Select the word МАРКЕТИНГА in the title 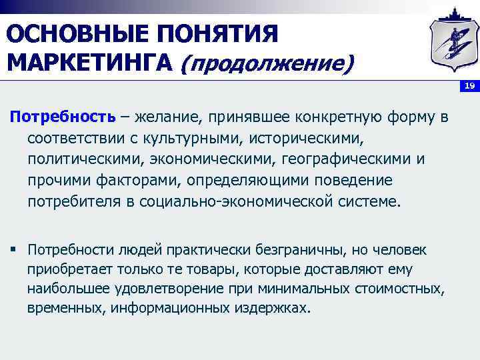[x=90, y=63]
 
